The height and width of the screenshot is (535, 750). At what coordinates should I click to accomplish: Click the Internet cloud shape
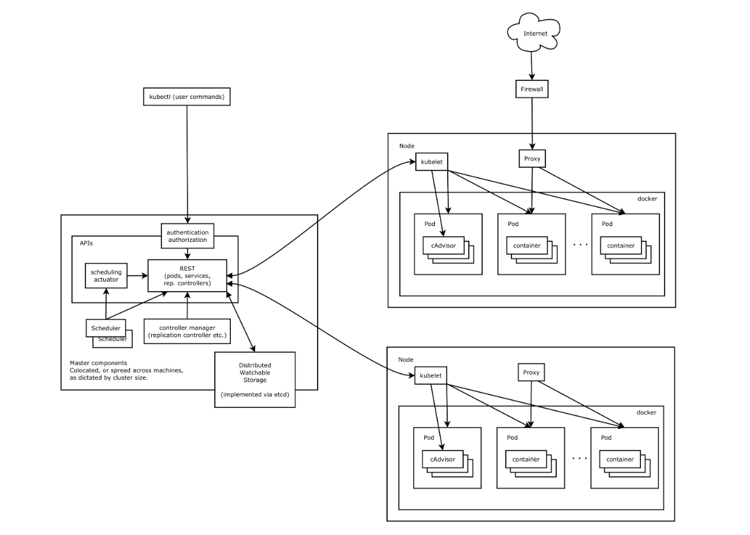[534, 33]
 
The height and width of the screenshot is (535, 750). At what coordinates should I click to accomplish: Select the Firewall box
[531, 89]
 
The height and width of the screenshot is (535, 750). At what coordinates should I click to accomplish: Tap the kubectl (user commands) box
[186, 97]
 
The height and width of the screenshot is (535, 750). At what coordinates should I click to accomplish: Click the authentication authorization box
[187, 236]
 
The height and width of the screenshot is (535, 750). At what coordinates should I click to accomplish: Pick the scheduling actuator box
[106, 276]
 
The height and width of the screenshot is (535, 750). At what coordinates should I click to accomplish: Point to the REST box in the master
[187, 275]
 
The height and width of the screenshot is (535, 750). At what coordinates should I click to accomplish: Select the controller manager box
[187, 331]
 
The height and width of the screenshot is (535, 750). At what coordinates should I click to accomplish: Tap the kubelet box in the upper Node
[432, 162]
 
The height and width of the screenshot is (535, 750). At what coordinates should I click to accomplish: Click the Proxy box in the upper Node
[532, 158]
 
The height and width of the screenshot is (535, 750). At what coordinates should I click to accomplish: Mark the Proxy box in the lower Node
[531, 372]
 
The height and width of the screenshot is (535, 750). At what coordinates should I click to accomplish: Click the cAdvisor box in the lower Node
[442, 459]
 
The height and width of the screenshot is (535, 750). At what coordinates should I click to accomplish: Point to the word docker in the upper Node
[647, 199]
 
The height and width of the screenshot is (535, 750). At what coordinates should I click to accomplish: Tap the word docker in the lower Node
[646, 412]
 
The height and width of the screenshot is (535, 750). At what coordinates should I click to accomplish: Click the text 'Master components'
[95, 362]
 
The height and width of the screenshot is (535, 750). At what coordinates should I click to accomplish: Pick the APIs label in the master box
[86, 243]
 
